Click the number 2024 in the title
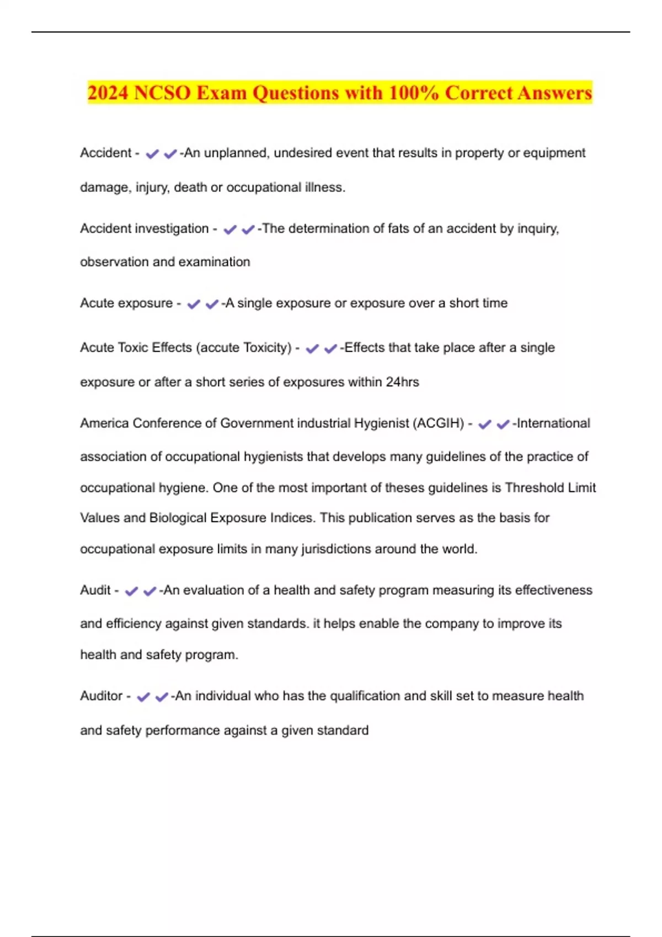coord(108,93)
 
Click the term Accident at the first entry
coord(105,153)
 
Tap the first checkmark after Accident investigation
coord(229,229)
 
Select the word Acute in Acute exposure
coord(98,303)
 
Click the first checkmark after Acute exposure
coord(194,304)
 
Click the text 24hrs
coord(402,382)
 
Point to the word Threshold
coord(532,488)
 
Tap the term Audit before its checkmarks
coord(95,590)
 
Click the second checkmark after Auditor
coord(162,697)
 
